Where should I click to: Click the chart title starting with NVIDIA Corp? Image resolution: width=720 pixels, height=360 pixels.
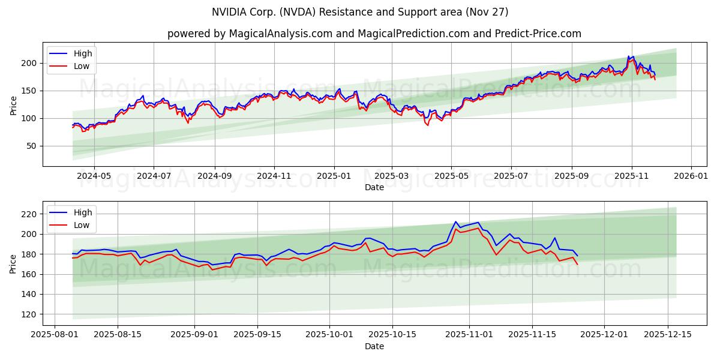[x=360, y=12]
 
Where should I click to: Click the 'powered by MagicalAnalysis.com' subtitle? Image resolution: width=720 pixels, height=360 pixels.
[x=374, y=34]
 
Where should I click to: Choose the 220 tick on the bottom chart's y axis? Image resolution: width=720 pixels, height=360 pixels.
[x=29, y=214]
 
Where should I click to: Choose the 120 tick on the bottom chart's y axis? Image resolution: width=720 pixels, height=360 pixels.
[x=29, y=314]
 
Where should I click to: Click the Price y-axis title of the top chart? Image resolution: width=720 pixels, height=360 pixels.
[x=14, y=106]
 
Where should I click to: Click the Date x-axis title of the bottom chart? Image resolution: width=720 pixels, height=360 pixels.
[x=374, y=346]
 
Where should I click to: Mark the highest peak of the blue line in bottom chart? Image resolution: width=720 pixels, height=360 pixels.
[x=456, y=221]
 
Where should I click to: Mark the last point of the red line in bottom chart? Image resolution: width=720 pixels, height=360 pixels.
[x=577, y=264]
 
